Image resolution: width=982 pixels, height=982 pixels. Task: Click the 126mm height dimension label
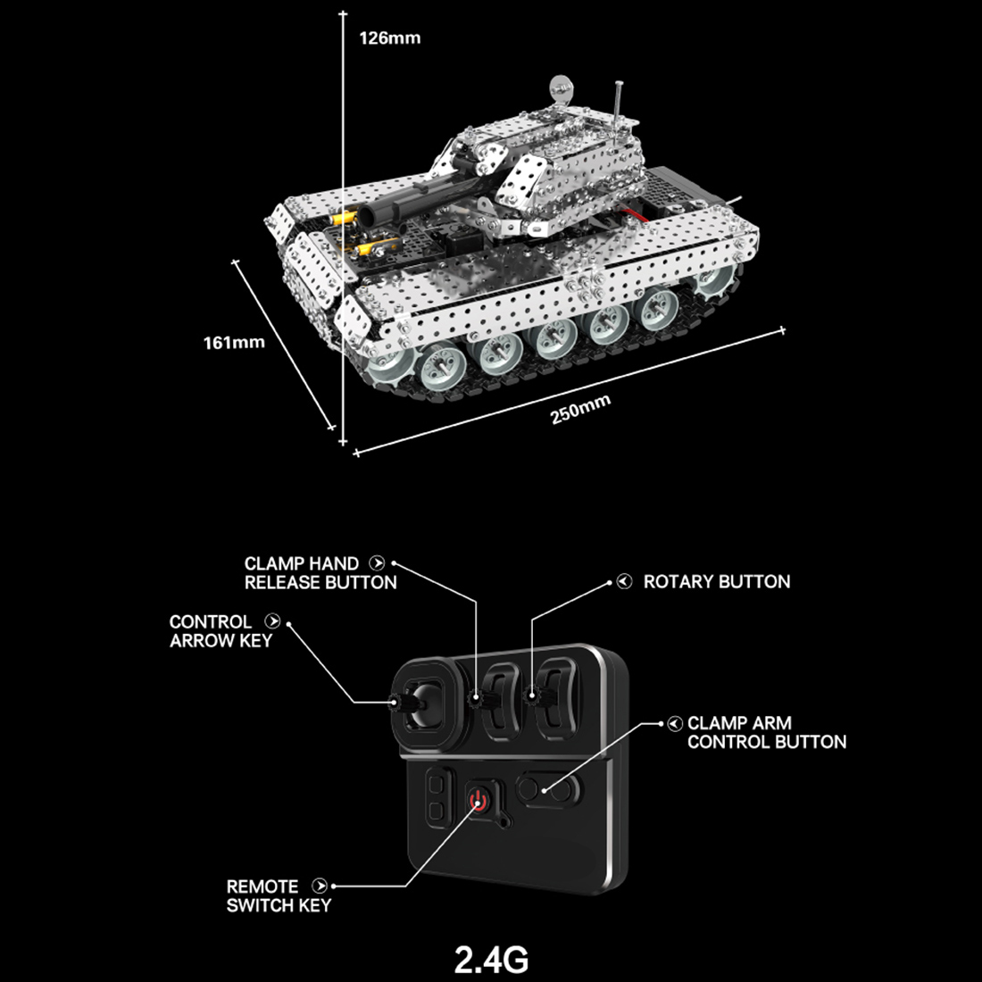pyautogui.click(x=389, y=38)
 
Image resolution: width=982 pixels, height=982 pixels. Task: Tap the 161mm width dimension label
pyautogui.click(x=234, y=343)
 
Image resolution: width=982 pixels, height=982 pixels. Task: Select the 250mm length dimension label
pyautogui.click(x=580, y=409)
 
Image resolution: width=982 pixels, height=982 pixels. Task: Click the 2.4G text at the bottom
pyautogui.click(x=491, y=960)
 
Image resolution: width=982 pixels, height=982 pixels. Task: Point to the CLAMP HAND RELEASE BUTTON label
pyautogui.click(x=320, y=573)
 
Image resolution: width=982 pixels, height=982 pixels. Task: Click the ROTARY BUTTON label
pyautogui.click(x=716, y=582)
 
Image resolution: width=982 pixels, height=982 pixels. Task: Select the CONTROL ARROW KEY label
pyautogui.click(x=221, y=631)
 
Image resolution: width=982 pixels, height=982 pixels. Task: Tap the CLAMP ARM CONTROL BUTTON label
pyautogui.click(x=766, y=733)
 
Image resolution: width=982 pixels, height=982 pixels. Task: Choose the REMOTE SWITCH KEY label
pyautogui.click(x=278, y=896)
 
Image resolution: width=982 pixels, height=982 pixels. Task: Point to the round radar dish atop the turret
pyautogui.click(x=560, y=87)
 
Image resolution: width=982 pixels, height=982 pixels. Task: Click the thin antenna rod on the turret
pyautogui.click(x=617, y=103)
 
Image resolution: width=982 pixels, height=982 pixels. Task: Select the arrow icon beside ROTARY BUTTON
pyautogui.click(x=625, y=582)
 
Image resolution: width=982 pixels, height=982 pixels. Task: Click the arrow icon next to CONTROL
pyautogui.click(x=273, y=621)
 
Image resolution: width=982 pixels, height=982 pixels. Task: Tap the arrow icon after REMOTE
pyautogui.click(x=319, y=886)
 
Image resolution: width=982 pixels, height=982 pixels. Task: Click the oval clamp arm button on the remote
pyautogui.click(x=545, y=789)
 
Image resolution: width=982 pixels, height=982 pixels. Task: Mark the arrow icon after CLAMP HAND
pyautogui.click(x=377, y=563)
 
